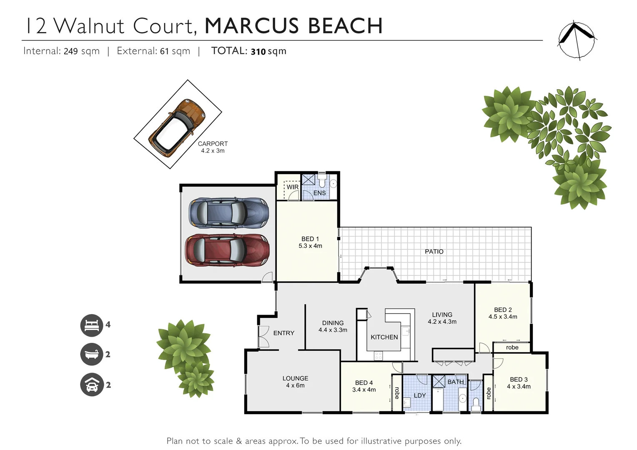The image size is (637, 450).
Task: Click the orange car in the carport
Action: click(x=178, y=128)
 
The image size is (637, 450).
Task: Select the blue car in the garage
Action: click(x=228, y=213)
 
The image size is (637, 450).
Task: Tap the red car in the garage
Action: click(x=227, y=250)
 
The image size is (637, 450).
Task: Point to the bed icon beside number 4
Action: click(x=92, y=325)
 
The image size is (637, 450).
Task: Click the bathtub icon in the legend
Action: click(x=92, y=355)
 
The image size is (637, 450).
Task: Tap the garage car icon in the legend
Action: click(x=92, y=385)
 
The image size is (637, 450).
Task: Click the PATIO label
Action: click(x=434, y=252)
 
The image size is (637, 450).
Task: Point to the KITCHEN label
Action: click(x=384, y=337)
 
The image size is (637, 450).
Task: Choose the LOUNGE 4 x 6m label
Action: click(x=295, y=382)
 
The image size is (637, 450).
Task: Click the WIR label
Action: click(x=292, y=187)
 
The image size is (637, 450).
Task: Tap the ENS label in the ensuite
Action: click(x=319, y=193)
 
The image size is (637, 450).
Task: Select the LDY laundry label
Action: click(x=419, y=395)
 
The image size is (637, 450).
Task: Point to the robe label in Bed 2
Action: click(x=512, y=347)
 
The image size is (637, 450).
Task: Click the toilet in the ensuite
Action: click(x=322, y=182)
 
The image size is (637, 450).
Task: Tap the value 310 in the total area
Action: click(x=258, y=52)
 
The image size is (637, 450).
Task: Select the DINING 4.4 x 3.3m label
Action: click(x=333, y=326)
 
